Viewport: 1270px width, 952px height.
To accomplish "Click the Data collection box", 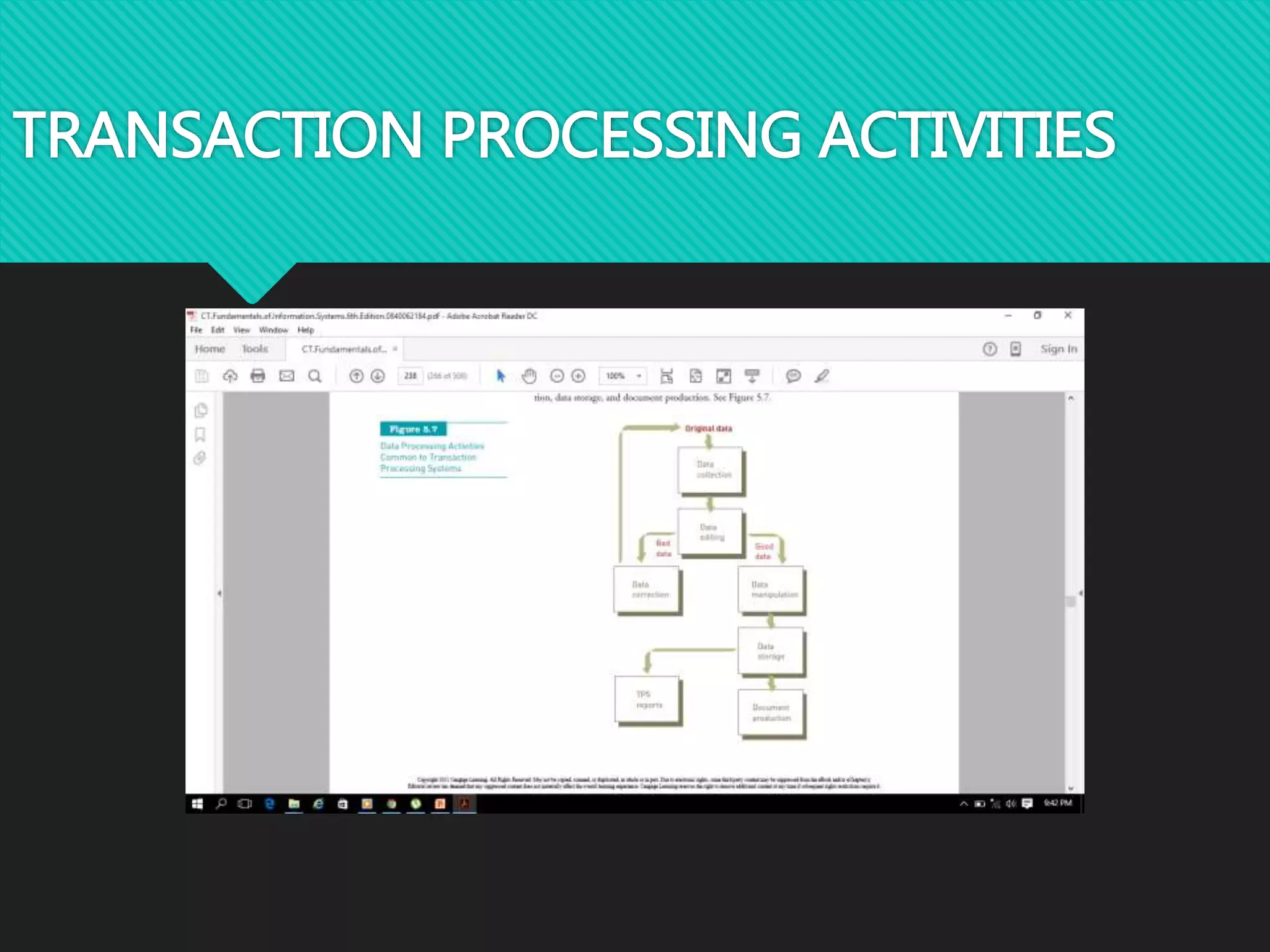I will [x=711, y=470].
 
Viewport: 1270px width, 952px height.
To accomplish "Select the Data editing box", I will [x=711, y=532].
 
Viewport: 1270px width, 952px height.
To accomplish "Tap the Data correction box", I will [x=647, y=589].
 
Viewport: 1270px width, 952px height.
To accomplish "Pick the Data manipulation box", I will [x=771, y=589].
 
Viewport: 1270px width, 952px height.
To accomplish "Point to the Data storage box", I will [x=771, y=651].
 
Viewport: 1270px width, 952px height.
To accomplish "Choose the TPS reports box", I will [x=647, y=700].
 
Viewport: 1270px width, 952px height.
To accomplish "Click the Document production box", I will [x=771, y=713].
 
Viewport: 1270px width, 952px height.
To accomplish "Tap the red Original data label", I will [x=708, y=428].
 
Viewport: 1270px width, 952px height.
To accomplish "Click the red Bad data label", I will [x=663, y=548].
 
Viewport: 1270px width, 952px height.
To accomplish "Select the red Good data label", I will [x=763, y=551].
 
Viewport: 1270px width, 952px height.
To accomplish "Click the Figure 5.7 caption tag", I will [x=413, y=429].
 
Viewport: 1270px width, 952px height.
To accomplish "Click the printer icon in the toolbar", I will [x=258, y=376].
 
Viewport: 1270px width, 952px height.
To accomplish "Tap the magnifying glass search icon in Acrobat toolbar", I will [x=315, y=376].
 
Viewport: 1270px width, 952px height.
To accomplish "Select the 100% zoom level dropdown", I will [x=622, y=376].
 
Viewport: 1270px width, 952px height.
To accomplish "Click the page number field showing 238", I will [x=410, y=376].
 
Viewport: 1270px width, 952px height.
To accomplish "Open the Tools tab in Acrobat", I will [x=255, y=349].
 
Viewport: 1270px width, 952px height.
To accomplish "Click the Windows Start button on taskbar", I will [x=197, y=804].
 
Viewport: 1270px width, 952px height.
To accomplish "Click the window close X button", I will [x=1068, y=315].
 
